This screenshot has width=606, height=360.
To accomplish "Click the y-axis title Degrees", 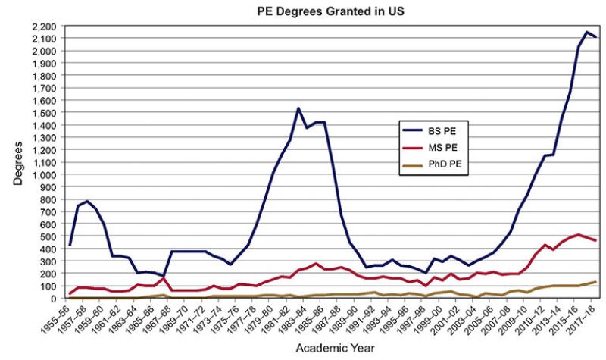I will point(17,163).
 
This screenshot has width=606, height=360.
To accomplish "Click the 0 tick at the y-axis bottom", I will point(58,299).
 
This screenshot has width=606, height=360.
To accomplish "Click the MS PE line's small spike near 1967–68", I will point(164,278).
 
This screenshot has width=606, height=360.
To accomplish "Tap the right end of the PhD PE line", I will point(596,282).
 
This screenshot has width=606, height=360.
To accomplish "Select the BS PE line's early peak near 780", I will point(87,202).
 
